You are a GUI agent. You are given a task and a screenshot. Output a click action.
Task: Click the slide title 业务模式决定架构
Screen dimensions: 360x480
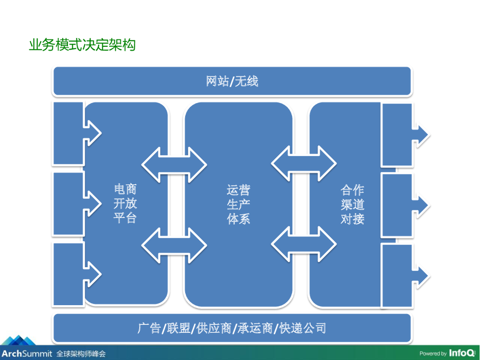(x=82, y=45)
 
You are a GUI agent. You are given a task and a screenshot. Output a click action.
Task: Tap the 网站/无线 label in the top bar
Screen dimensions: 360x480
(x=232, y=82)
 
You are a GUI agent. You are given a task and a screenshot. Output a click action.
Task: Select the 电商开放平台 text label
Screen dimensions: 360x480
(x=125, y=204)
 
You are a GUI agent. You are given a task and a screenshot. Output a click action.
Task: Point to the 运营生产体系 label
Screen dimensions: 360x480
(x=239, y=204)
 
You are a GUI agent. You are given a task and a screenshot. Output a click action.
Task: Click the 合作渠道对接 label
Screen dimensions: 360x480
(x=352, y=204)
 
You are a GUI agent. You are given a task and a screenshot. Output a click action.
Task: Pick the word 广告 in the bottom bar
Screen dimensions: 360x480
(x=149, y=328)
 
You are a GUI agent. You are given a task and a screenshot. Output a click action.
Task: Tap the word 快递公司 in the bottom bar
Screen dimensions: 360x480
(x=302, y=328)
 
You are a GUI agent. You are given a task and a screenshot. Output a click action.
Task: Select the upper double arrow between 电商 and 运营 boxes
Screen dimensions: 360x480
(x=174, y=164)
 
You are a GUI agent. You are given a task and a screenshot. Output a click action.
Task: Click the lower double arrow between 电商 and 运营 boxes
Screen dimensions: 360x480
(x=174, y=245)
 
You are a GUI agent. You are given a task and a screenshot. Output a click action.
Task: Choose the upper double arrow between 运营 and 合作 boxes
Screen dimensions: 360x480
(x=304, y=164)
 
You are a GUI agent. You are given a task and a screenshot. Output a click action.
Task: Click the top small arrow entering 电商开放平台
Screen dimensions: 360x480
(x=92, y=133)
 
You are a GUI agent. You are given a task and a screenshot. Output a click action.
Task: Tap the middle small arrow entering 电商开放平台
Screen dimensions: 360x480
(x=92, y=203)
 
